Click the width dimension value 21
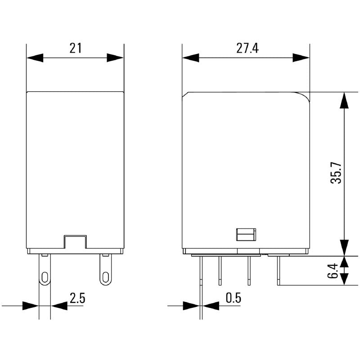click(x=75, y=48)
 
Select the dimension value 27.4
click(x=247, y=48)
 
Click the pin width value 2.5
click(x=77, y=298)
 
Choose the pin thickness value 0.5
click(x=233, y=298)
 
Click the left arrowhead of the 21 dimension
click(x=35, y=58)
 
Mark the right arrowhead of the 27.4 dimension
click(x=301, y=58)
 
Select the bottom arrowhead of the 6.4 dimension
click(x=344, y=278)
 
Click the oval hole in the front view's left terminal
click(x=45, y=276)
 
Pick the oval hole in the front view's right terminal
click(x=105, y=276)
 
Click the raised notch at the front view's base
click(x=75, y=241)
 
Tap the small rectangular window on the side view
click(x=246, y=234)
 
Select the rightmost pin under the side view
click(x=279, y=270)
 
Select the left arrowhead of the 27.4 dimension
click(x=190, y=58)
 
